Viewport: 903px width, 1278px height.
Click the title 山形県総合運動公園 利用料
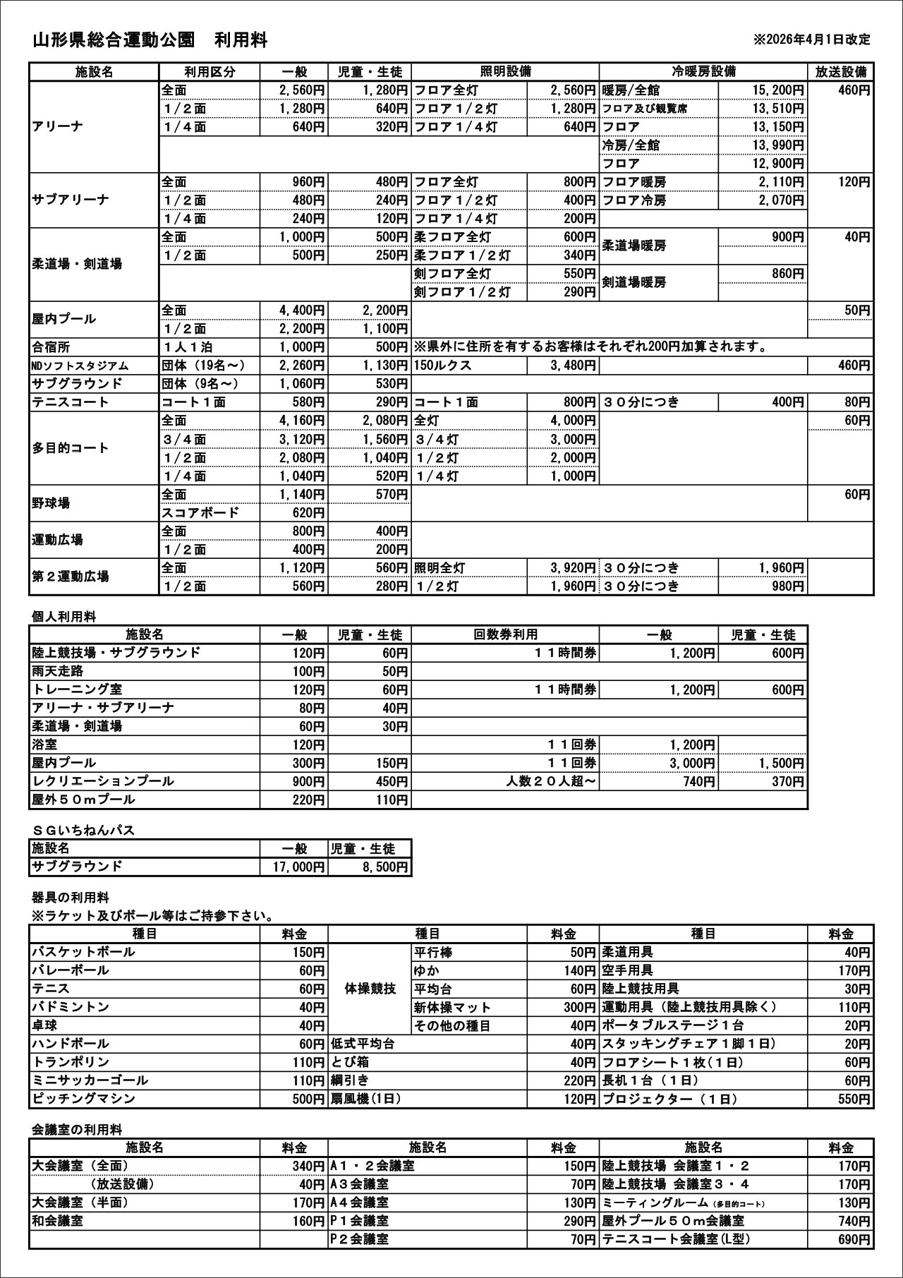click(x=150, y=40)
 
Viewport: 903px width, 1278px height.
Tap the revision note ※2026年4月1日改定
click(x=811, y=40)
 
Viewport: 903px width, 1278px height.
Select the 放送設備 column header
click(x=840, y=72)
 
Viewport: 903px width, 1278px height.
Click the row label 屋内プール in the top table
click(x=63, y=319)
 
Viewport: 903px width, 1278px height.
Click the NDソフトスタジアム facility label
click(x=80, y=366)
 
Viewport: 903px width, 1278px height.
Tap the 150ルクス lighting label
click(x=443, y=366)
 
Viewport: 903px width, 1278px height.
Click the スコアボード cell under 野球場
click(x=201, y=513)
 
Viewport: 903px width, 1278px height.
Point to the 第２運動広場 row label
click(x=71, y=577)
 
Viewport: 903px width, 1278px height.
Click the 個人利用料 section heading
click(x=63, y=616)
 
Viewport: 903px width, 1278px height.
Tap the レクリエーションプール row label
click(x=103, y=781)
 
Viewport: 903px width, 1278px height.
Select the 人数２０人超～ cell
click(x=551, y=781)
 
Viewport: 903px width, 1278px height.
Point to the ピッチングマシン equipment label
click(x=83, y=1099)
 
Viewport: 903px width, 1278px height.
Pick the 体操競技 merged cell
click(x=370, y=989)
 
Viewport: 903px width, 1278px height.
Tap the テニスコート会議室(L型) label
click(x=675, y=1239)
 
